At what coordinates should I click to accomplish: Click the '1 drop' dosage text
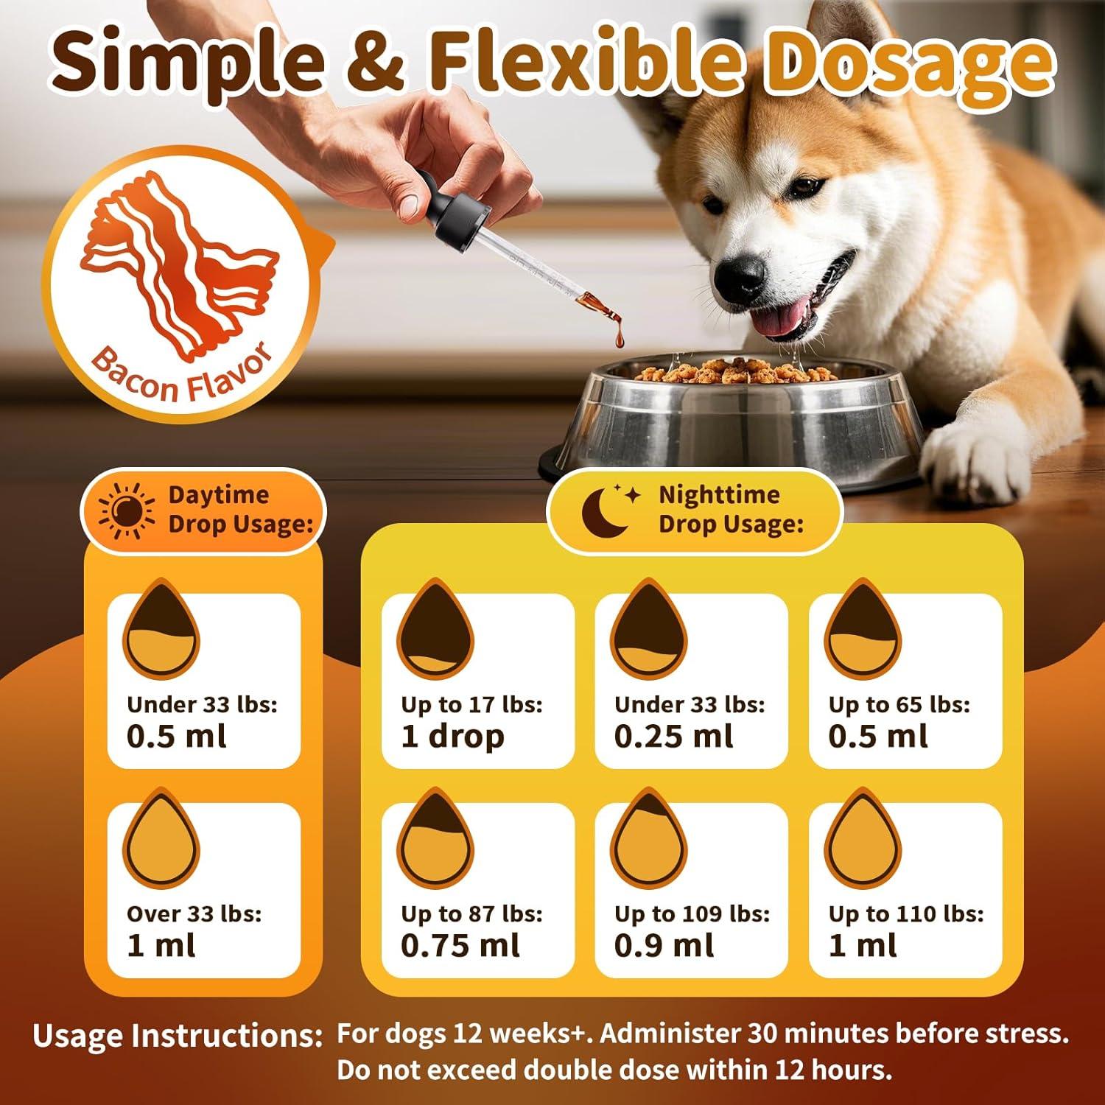(x=452, y=736)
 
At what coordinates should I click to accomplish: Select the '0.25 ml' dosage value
(x=673, y=736)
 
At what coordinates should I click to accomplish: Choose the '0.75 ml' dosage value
(x=460, y=945)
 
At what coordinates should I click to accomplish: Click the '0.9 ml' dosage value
(x=664, y=945)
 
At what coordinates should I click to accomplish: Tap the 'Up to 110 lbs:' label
(x=905, y=914)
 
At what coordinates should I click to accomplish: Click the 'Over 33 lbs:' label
(x=194, y=914)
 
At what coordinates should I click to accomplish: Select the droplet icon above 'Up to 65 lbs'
(x=862, y=630)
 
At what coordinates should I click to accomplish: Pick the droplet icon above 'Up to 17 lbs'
(x=435, y=630)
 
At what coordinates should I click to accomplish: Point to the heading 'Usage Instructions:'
(x=178, y=1036)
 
